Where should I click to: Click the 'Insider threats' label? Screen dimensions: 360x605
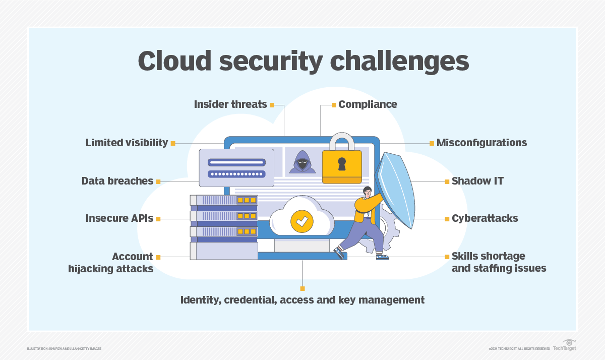(x=230, y=104)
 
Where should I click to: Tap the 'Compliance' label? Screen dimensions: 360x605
(x=368, y=104)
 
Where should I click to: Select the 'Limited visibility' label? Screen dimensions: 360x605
(x=127, y=143)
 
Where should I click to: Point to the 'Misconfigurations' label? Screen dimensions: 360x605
(x=481, y=143)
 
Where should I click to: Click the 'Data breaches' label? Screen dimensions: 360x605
(x=117, y=181)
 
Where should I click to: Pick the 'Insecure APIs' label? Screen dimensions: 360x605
(x=119, y=219)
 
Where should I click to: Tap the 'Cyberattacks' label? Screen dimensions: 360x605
(x=485, y=219)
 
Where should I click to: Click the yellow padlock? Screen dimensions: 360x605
(x=342, y=161)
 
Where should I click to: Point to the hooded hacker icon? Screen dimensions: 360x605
(x=302, y=161)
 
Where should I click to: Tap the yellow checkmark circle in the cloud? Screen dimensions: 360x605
(x=302, y=220)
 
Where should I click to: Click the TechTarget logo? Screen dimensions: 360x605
(x=564, y=346)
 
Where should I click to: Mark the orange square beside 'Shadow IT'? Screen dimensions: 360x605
(x=447, y=181)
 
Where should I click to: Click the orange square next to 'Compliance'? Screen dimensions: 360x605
(x=334, y=105)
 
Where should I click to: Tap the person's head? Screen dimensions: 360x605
(x=367, y=192)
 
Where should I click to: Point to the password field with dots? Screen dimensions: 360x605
(x=237, y=174)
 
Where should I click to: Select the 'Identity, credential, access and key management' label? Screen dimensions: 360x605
(x=302, y=300)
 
